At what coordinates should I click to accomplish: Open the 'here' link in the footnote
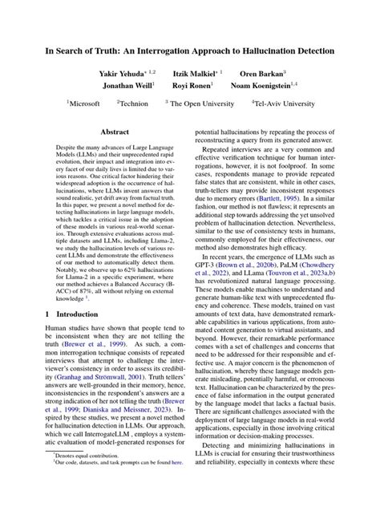click(x=171, y=484)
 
